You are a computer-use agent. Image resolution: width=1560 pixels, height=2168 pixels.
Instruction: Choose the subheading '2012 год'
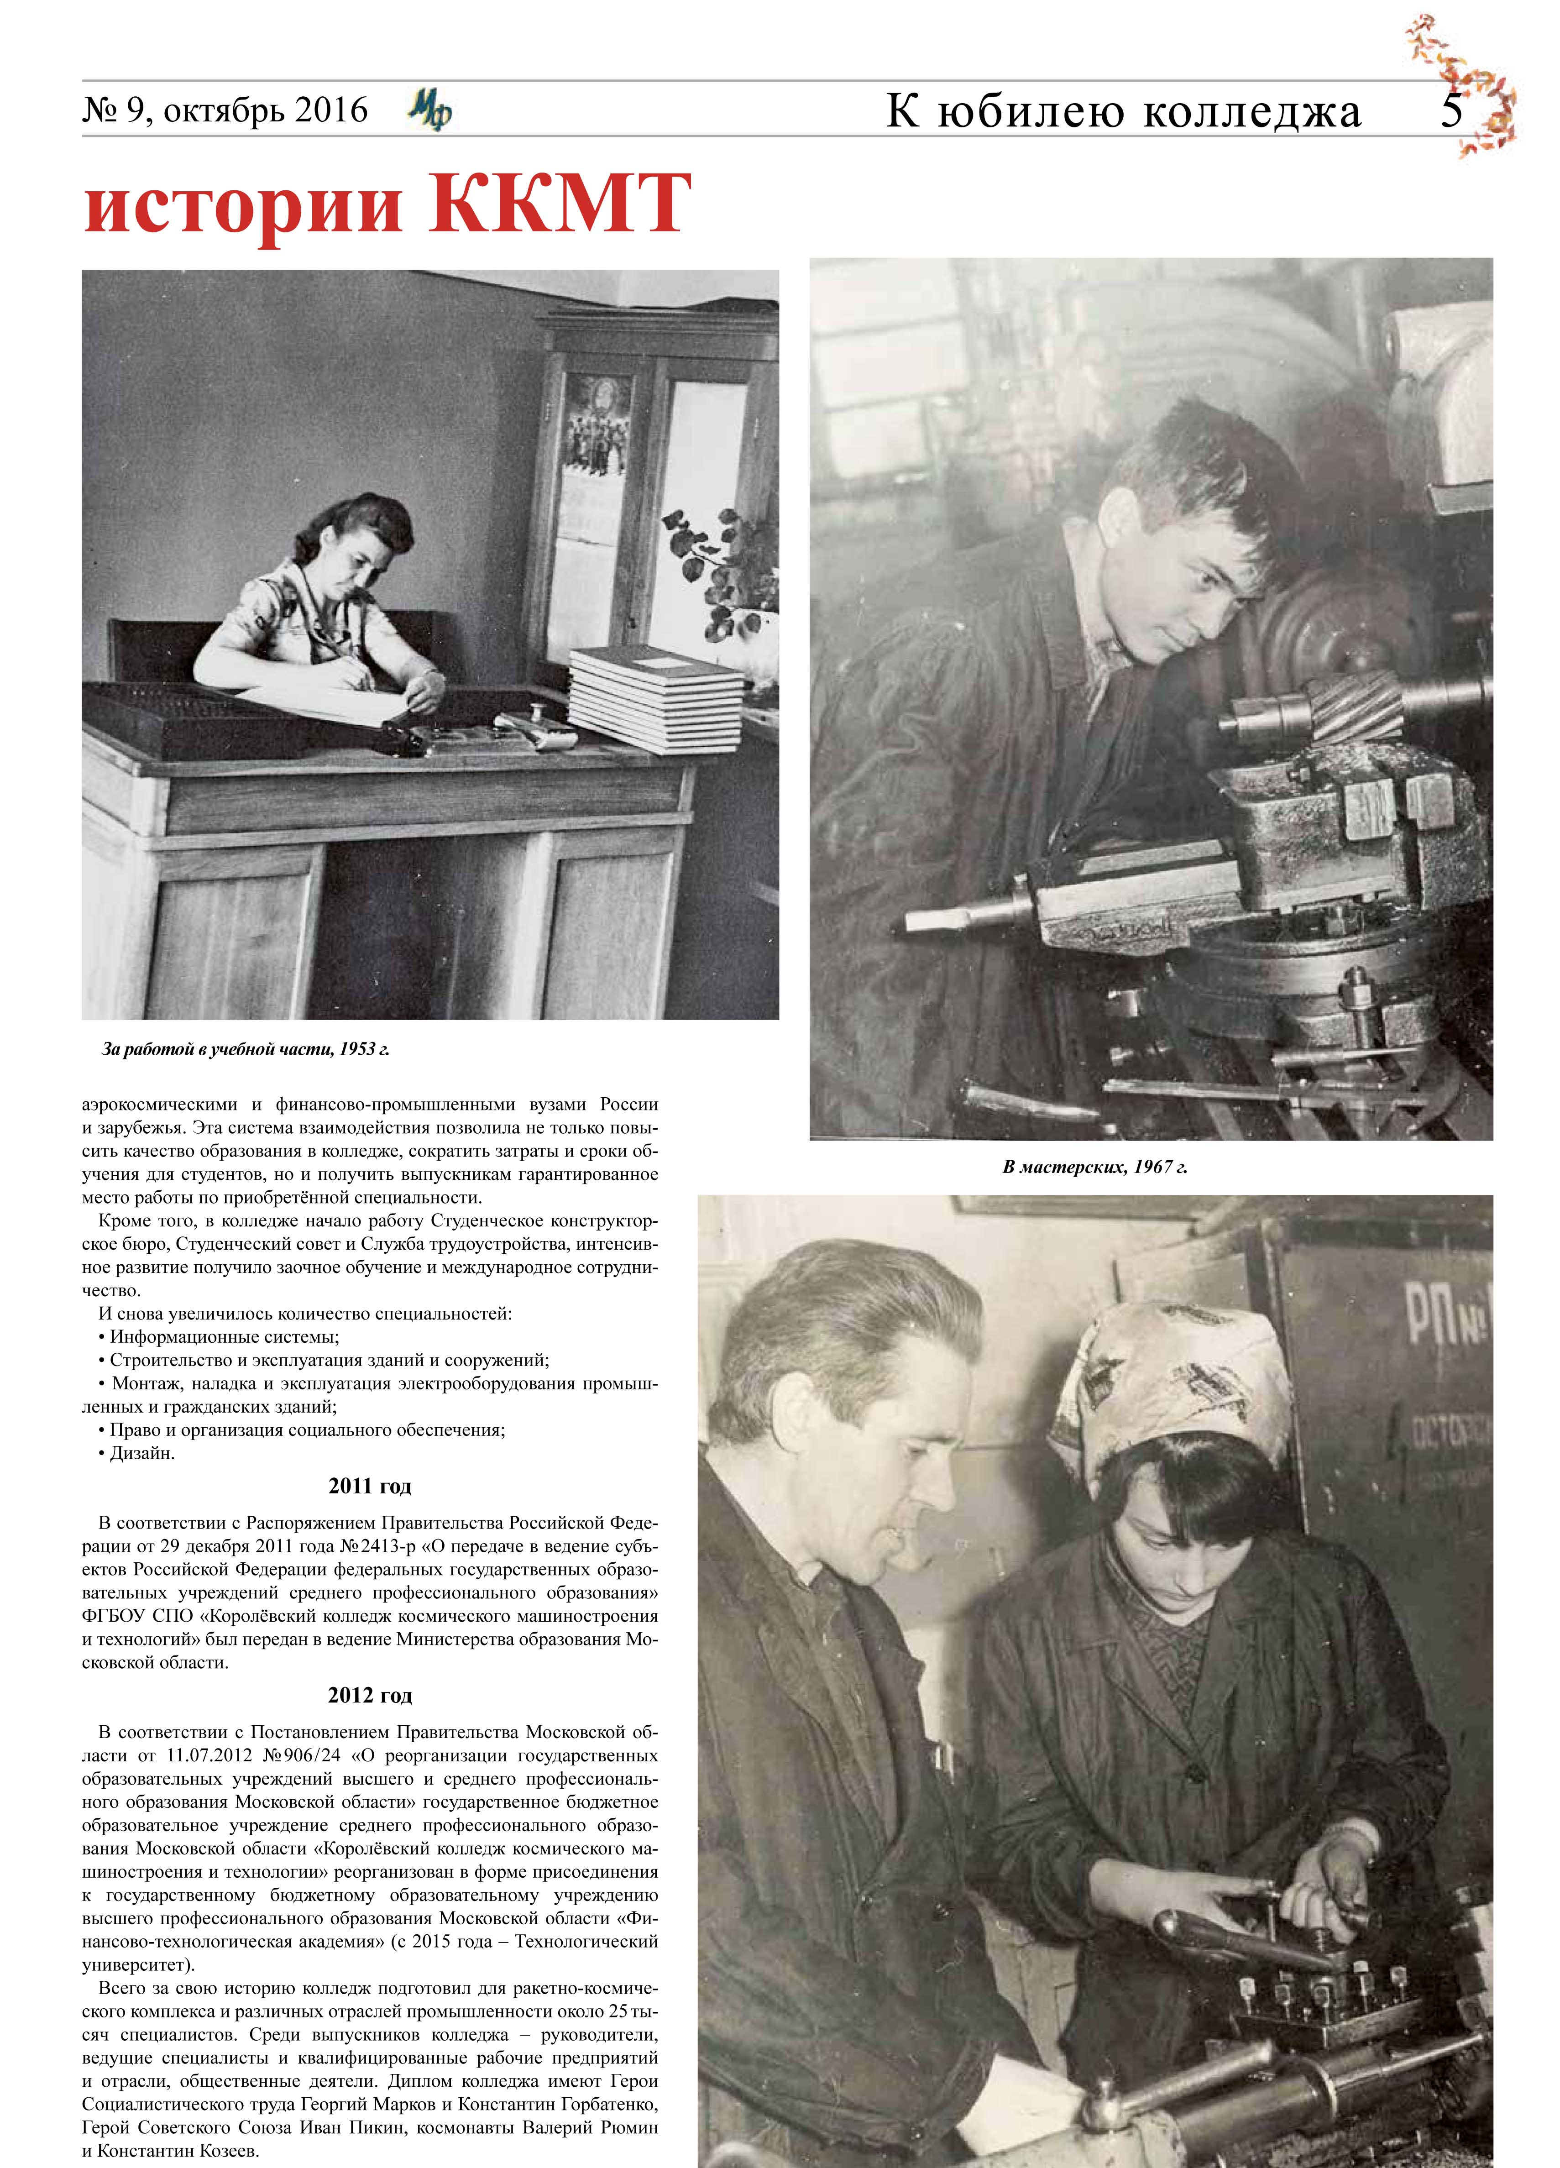pyautogui.click(x=370, y=1695)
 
